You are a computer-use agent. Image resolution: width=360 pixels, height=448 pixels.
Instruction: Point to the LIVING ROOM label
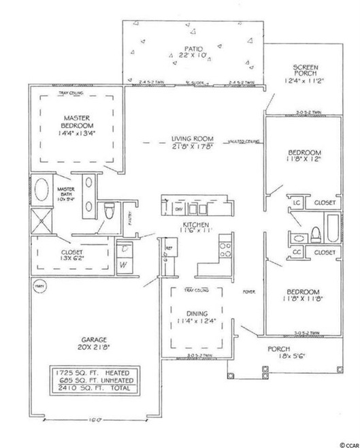click(x=188, y=139)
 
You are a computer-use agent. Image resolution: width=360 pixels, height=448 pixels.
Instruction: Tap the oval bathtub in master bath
click(x=42, y=189)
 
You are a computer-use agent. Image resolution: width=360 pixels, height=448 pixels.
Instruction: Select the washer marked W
click(x=125, y=266)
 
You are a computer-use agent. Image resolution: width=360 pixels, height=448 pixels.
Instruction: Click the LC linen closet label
click(x=297, y=203)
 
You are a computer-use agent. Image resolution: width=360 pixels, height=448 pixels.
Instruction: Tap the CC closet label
click(x=297, y=252)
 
